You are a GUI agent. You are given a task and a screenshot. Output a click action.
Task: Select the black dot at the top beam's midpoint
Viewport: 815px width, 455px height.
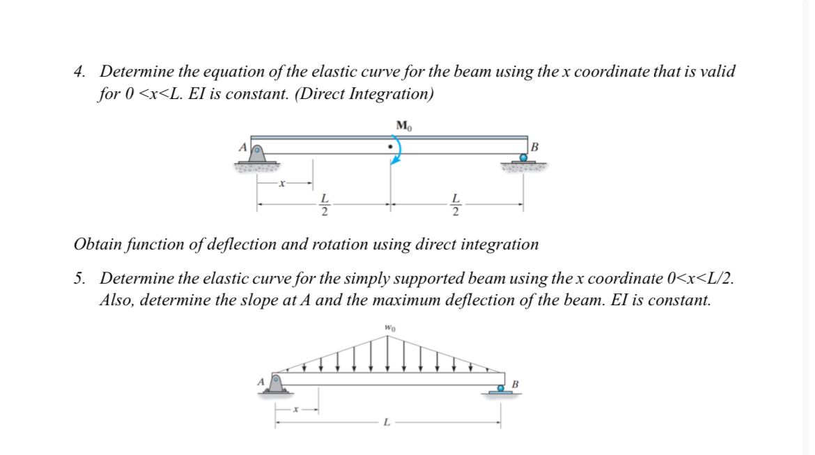pos(389,147)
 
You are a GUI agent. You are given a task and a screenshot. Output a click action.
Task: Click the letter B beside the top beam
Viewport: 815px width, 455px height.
pos(534,146)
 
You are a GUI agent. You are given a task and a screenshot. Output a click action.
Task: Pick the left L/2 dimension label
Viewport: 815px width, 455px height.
pos(324,205)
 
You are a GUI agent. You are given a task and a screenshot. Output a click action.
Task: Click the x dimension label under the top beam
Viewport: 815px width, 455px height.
pos(281,184)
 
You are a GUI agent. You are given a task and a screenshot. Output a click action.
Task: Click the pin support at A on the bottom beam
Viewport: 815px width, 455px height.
pos(276,384)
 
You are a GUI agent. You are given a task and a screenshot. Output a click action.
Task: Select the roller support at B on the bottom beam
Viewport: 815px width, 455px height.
pos(500,389)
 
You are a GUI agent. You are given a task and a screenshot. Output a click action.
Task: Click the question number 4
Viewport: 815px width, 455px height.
pos(81,72)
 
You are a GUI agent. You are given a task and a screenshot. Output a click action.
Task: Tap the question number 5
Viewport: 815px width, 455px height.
pos(81,279)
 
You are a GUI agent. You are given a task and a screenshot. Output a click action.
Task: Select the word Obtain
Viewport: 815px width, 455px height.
pos(97,245)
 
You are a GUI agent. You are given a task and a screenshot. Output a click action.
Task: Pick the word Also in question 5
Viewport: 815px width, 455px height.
pos(116,300)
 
